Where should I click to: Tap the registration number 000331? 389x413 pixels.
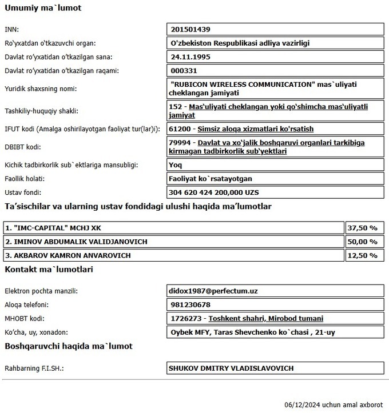click(x=184, y=71)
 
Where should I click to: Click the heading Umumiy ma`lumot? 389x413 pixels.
click(x=43, y=9)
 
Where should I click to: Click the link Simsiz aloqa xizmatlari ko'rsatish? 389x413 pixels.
click(x=255, y=129)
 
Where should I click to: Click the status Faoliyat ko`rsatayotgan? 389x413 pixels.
click(x=212, y=179)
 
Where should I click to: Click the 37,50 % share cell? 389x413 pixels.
click(x=363, y=228)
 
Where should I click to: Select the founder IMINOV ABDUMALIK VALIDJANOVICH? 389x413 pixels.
click(x=76, y=242)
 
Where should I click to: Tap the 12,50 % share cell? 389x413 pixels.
click(x=363, y=255)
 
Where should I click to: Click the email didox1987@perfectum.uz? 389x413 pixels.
click(x=214, y=291)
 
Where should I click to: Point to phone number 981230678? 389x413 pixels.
click(x=190, y=305)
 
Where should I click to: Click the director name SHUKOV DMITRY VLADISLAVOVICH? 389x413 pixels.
click(x=231, y=368)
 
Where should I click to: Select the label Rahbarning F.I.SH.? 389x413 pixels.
click(x=34, y=368)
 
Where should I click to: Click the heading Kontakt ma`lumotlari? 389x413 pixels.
click(x=49, y=269)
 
